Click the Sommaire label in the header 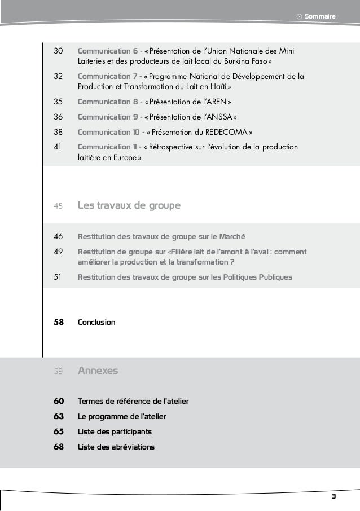click(x=319, y=17)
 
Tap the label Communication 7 click(x=109, y=77)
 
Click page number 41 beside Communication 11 click(x=58, y=147)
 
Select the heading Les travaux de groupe click(x=129, y=205)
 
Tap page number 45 click(x=58, y=206)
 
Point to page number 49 click(x=58, y=252)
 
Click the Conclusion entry click(x=96, y=322)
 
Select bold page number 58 click(x=58, y=322)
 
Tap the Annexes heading click(x=98, y=371)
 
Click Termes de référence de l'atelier click(x=133, y=402)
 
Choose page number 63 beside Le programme click(x=58, y=417)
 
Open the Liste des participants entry click(x=115, y=432)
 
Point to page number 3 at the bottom click(x=333, y=496)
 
